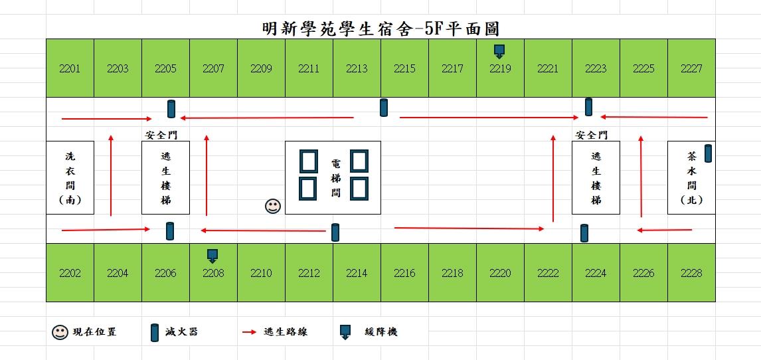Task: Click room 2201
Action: pos(70,68)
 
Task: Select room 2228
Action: pos(691,273)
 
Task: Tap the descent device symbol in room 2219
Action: pos(499,51)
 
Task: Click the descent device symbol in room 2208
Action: pos(212,256)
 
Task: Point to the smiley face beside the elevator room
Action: pos(273,206)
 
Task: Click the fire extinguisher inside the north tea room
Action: pos(708,153)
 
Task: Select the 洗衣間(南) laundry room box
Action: pos(70,177)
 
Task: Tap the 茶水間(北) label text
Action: pos(691,177)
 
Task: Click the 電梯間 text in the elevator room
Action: pos(335,177)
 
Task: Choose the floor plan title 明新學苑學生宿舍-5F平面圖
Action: pos(380,28)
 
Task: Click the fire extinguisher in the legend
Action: pos(155,332)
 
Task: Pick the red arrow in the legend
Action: pos(249,332)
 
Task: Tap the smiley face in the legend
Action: pos(60,332)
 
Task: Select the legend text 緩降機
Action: pos(381,332)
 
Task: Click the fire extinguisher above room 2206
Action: pos(170,231)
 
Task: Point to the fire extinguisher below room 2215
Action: pos(384,108)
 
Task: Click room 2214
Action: pos(357,273)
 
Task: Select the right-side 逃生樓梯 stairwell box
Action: pos(596,177)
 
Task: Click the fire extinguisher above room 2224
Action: pos(584,233)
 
